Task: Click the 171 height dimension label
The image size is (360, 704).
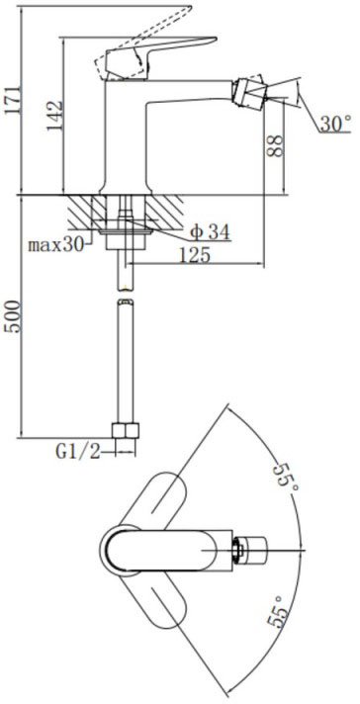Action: [x=13, y=100]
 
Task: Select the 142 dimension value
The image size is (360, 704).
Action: [x=54, y=117]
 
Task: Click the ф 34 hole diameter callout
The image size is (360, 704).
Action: [x=210, y=232]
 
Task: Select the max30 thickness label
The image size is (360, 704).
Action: [x=56, y=245]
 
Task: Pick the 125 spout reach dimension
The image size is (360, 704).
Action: [x=195, y=255]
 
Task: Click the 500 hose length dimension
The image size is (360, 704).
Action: [x=13, y=316]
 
